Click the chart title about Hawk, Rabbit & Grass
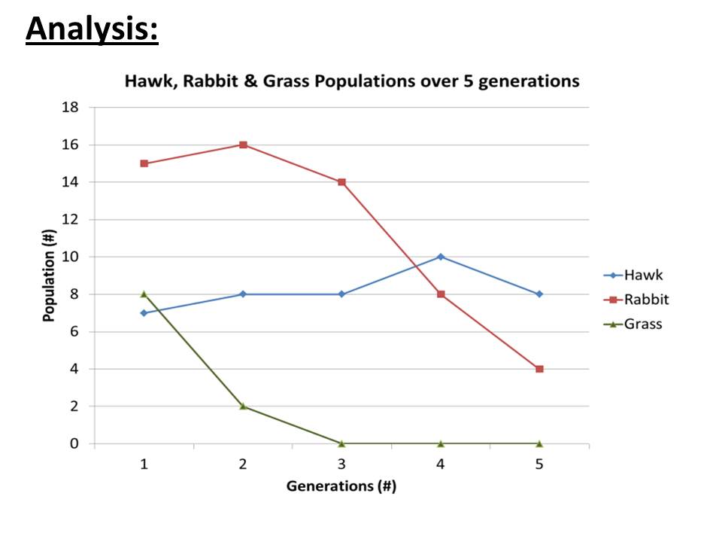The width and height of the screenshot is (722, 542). click(352, 81)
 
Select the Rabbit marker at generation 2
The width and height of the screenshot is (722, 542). click(243, 145)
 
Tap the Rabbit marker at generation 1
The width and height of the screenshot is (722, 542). click(144, 163)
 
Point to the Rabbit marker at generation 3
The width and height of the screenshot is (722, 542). click(341, 182)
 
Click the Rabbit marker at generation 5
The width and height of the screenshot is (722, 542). click(539, 369)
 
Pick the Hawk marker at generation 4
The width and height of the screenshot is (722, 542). click(441, 257)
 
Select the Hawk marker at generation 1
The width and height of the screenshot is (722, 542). click(144, 312)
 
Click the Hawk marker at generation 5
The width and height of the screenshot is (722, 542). click(539, 294)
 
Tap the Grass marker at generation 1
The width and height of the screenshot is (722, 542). click(144, 294)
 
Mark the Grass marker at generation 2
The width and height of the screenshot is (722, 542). click(243, 406)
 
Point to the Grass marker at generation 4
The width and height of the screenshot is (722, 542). click(441, 443)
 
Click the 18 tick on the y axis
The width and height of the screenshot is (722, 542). click(70, 108)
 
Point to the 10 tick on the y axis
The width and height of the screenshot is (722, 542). click(70, 257)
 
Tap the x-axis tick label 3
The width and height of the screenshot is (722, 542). click(341, 464)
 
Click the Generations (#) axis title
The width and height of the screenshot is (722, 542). click(341, 486)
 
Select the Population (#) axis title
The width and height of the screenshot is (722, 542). click(50, 276)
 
